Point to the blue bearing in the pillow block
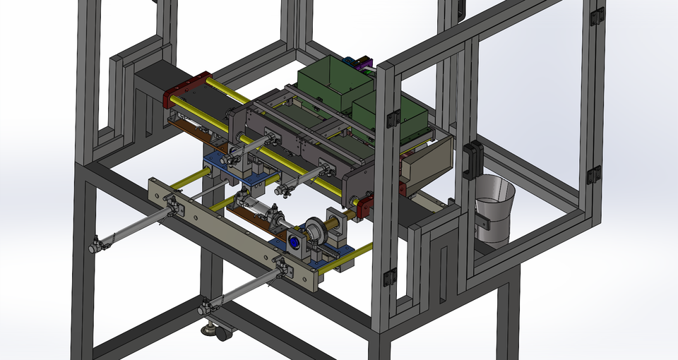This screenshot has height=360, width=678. [293, 243]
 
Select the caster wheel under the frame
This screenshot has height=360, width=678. [223, 332]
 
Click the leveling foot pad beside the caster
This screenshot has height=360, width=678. [208, 328]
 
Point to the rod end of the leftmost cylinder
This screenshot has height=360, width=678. [95, 246]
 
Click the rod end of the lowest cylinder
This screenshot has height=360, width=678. [205, 308]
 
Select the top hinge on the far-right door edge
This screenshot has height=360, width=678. [597, 16]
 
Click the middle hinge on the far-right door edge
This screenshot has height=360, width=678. [595, 174]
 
